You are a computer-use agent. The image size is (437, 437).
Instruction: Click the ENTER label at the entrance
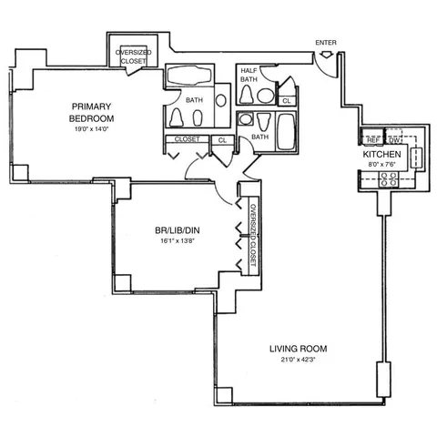pyautogui.click(x=325, y=43)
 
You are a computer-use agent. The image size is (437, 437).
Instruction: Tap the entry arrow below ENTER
pyautogui.click(x=326, y=57)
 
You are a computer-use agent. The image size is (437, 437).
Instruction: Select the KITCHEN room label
pyautogui.click(x=382, y=156)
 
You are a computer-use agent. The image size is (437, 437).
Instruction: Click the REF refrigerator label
pyautogui.click(x=373, y=139)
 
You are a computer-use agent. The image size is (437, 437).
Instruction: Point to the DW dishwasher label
pyautogui.click(x=394, y=139)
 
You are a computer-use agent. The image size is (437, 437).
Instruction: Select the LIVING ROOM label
pyautogui.click(x=298, y=349)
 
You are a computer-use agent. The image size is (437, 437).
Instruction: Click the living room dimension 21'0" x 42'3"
pyautogui.click(x=298, y=361)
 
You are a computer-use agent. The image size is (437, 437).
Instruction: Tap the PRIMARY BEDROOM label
pyautogui.click(x=92, y=111)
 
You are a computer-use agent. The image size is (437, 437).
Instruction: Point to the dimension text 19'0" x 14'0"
pyautogui.click(x=92, y=128)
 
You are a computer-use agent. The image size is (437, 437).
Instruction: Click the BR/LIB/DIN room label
pyautogui.click(x=176, y=231)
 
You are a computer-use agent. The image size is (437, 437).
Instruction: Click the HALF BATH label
pyautogui.click(x=248, y=75)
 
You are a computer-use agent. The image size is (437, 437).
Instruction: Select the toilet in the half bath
pyautogui.click(x=265, y=94)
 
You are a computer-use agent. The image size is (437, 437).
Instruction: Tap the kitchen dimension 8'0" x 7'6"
pyautogui.click(x=382, y=167)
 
